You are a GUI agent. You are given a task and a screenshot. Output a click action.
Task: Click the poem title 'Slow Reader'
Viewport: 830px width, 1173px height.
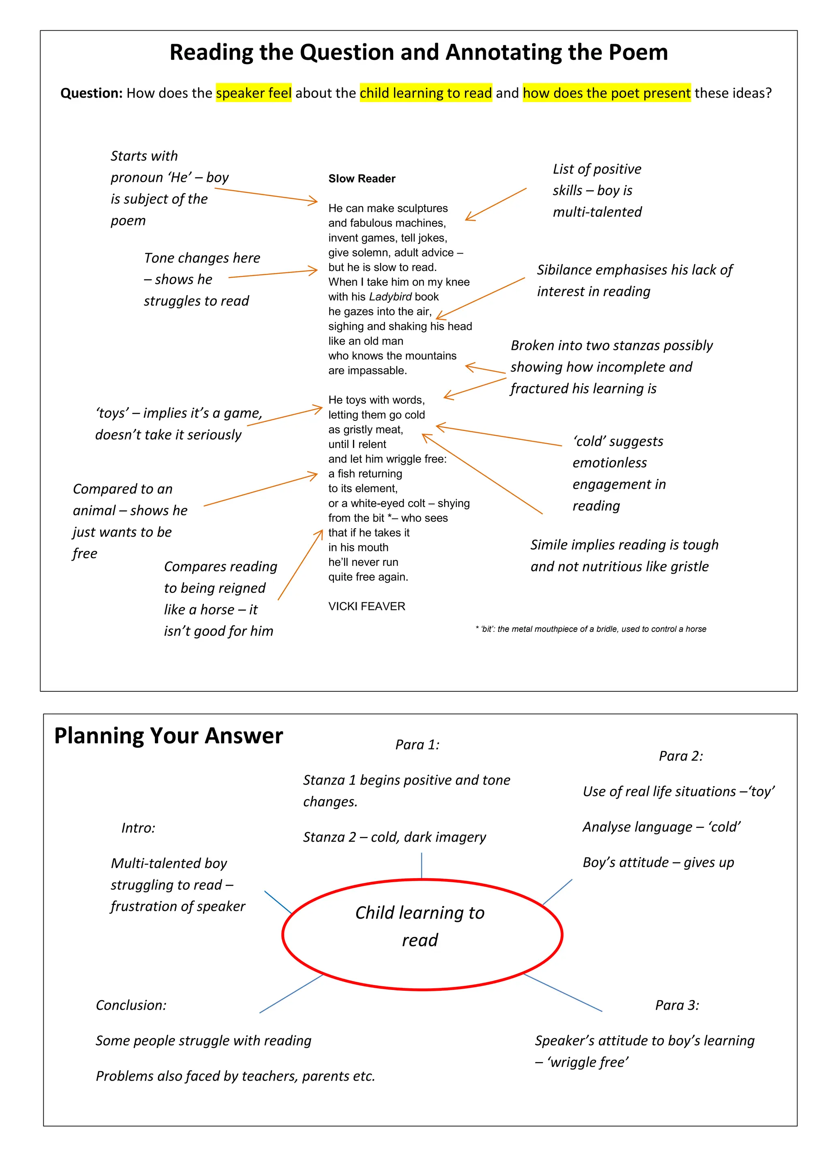(362, 179)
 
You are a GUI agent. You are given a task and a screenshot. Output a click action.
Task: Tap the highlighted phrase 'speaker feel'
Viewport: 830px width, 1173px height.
(253, 93)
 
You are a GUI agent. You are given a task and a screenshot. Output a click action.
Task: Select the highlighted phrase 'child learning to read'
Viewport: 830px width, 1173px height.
(426, 93)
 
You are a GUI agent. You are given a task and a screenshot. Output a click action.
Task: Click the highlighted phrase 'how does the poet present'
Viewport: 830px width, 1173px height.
(607, 93)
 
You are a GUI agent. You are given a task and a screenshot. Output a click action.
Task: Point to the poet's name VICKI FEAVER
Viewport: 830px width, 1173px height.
(366, 606)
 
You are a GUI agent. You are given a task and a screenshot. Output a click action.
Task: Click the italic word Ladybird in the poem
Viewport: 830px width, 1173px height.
(390, 297)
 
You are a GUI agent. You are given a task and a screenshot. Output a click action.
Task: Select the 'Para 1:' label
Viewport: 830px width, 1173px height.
(417, 745)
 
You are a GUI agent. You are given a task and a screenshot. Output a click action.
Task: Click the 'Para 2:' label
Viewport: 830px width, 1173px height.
(681, 756)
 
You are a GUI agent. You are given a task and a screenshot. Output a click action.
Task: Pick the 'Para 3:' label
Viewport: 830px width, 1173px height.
(677, 1005)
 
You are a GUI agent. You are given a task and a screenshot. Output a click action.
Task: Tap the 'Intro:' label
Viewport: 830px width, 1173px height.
(138, 828)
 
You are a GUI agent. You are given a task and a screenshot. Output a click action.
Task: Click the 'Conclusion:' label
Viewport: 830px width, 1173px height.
(131, 1005)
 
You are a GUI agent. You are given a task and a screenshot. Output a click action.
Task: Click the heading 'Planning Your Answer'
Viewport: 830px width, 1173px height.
(168, 736)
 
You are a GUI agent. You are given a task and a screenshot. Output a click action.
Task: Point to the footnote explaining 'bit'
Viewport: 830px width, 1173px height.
(591, 629)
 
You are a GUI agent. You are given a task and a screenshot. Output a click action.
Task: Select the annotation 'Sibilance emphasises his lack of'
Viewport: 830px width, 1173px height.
(634, 270)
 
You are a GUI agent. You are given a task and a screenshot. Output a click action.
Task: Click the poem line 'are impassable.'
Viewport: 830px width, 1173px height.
(368, 371)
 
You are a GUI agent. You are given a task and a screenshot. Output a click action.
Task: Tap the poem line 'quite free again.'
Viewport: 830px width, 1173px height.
(368, 577)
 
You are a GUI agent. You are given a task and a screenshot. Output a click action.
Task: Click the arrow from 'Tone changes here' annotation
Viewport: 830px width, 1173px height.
(273, 274)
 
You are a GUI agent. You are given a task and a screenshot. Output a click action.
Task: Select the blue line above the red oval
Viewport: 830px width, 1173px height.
(421, 866)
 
